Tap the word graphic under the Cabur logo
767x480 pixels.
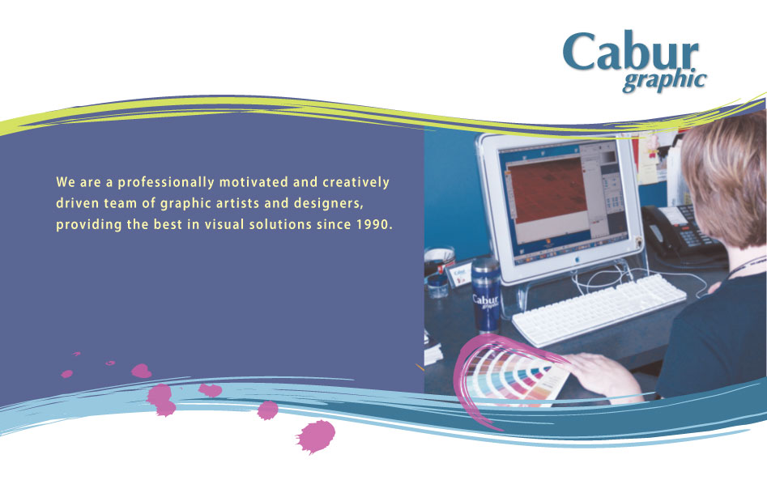(664, 82)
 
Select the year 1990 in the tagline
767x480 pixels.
(373, 224)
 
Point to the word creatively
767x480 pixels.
(356, 182)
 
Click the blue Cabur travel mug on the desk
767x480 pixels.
(485, 295)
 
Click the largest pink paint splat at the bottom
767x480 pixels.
(315, 435)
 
